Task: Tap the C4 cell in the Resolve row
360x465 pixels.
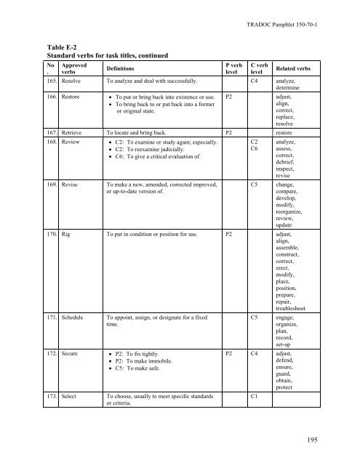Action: tap(255, 80)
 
